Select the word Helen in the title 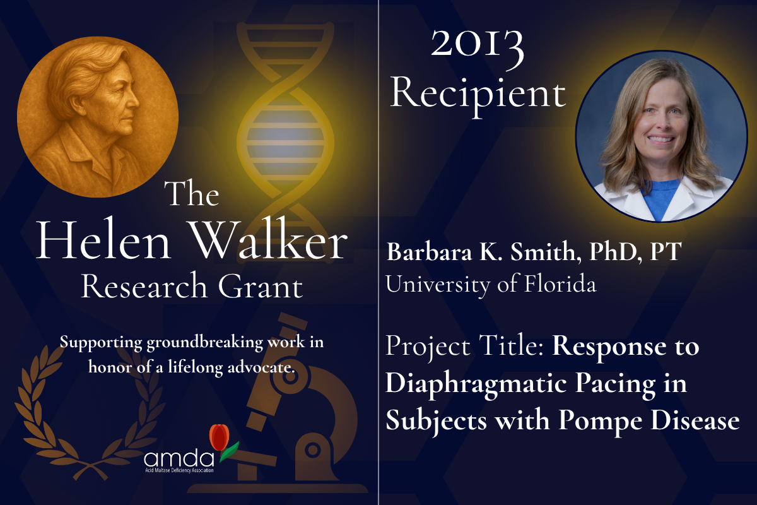103,241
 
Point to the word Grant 261,286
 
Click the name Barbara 429,252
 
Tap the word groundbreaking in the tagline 204,343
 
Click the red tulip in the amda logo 220,437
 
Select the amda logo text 179,459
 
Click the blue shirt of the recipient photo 660,199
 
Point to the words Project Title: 465,347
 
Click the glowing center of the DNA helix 285,143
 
